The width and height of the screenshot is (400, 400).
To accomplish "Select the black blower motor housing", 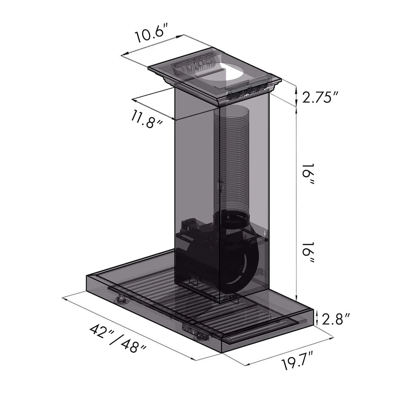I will (x=224, y=260).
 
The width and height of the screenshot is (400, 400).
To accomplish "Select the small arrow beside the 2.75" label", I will (x=296, y=96).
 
